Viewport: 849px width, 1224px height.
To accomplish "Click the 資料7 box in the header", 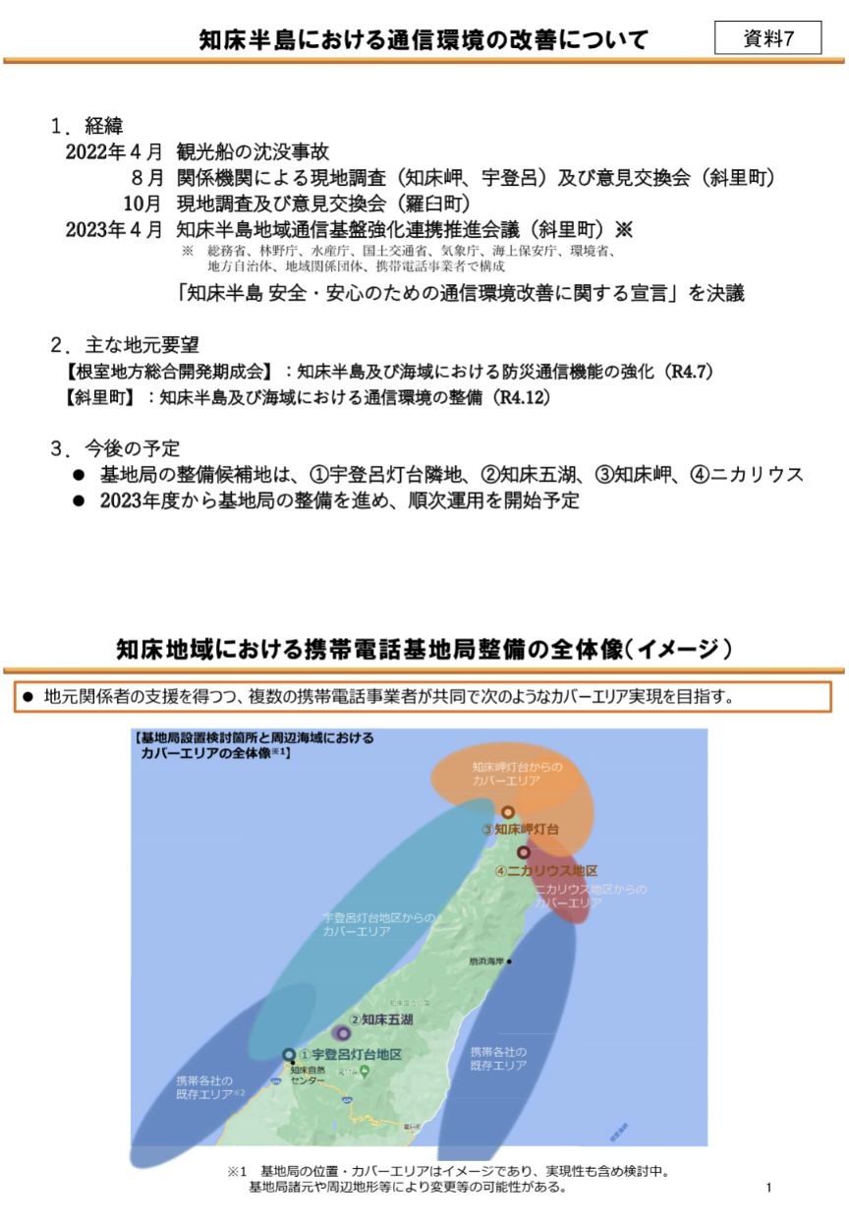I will pyautogui.click(x=767, y=39).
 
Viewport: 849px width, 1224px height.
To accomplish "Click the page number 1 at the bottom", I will pyautogui.click(x=768, y=1188).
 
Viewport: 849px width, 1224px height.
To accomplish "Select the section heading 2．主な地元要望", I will pyautogui.click(x=125, y=345).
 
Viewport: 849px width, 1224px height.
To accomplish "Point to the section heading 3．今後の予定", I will pyautogui.click(x=115, y=449).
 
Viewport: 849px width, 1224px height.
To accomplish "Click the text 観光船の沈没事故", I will pyautogui.click(x=253, y=152).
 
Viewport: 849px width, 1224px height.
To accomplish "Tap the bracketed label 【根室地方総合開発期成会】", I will pyautogui.click(x=168, y=373).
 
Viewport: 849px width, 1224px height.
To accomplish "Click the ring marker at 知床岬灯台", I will pyautogui.click(x=508, y=812).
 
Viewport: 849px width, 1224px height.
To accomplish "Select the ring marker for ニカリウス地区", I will pyautogui.click(x=524, y=852).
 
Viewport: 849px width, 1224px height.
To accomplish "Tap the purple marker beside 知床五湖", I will pyautogui.click(x=342, y=1033).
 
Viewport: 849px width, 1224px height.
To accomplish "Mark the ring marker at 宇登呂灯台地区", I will pyautogui.click(x=288, y=1055).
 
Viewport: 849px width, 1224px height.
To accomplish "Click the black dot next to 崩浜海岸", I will pyautogui.click(x=511, y=961).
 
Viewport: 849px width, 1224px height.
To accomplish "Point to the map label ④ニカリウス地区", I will pyautogui.click(x=546, y=871).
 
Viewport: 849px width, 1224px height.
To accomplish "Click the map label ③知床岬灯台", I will pyautogui.click(x=521, y=830).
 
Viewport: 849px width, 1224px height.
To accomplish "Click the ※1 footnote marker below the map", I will pyautogui.click(x=236, y=1172).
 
